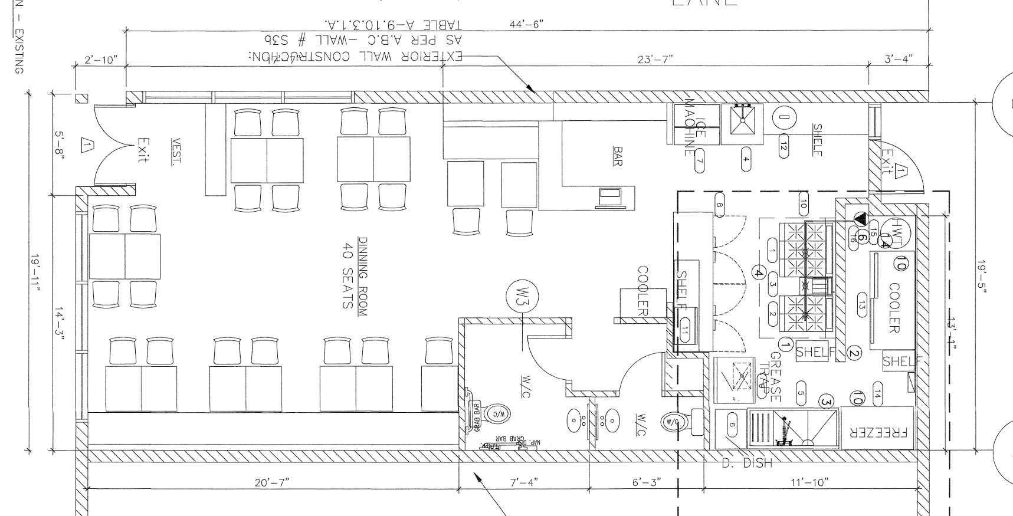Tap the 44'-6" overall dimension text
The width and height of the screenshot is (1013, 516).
pyautogui.click(x=526, y=24)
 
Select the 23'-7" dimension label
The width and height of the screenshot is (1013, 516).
pyautogui.click(x=655, y=58)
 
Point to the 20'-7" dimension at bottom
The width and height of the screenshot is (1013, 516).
pyautogui.click(x=272, y=482)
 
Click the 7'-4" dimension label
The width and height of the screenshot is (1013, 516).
pyautogui.click(x=523, y=482)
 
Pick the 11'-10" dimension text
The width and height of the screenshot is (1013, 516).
pyautogui.click(x=809, y=482)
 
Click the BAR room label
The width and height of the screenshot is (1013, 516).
pyautogui.click(x=618, y=156)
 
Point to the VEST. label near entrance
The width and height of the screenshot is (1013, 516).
pyautogui.click(x=176, y=152)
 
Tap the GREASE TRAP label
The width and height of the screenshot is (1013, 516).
pyautogui.click(x=771, y=377)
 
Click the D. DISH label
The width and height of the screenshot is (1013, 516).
pyautogui.click(x=746, y=464)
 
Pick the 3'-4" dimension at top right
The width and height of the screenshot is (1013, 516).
pyautogui.click(x=898, y=58)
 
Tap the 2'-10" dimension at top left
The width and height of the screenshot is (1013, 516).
pyautogui.click(x=101, y=60)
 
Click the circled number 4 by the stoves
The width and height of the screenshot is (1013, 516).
pyautogui.click(x=759, y=273)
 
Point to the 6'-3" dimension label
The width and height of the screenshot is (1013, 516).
pyautogui.click(x=646, y=482)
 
